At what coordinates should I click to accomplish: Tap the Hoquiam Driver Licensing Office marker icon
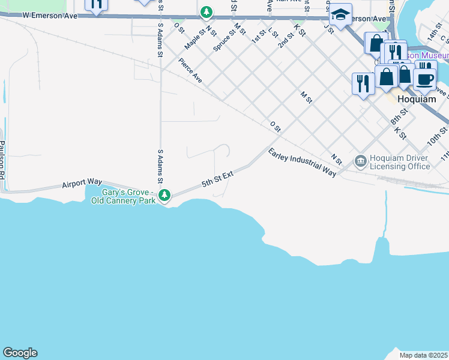coord(360,160)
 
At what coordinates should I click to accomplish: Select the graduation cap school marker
coord(340,15)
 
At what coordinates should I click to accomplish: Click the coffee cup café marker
coord(425,80)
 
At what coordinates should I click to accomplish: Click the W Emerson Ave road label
coord(50,15)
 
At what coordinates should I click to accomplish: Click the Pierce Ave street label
coord(190,69)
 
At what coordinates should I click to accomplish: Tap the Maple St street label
coord(194,40)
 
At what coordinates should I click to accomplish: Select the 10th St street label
coord(437,136)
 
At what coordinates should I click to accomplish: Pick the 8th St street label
coord(399,116)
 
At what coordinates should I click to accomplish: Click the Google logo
coord(20,353)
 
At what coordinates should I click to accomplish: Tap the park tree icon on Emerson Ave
coord(206,11)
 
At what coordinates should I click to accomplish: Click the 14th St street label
coord(435,34)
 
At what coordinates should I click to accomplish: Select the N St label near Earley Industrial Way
coord(336,159)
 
